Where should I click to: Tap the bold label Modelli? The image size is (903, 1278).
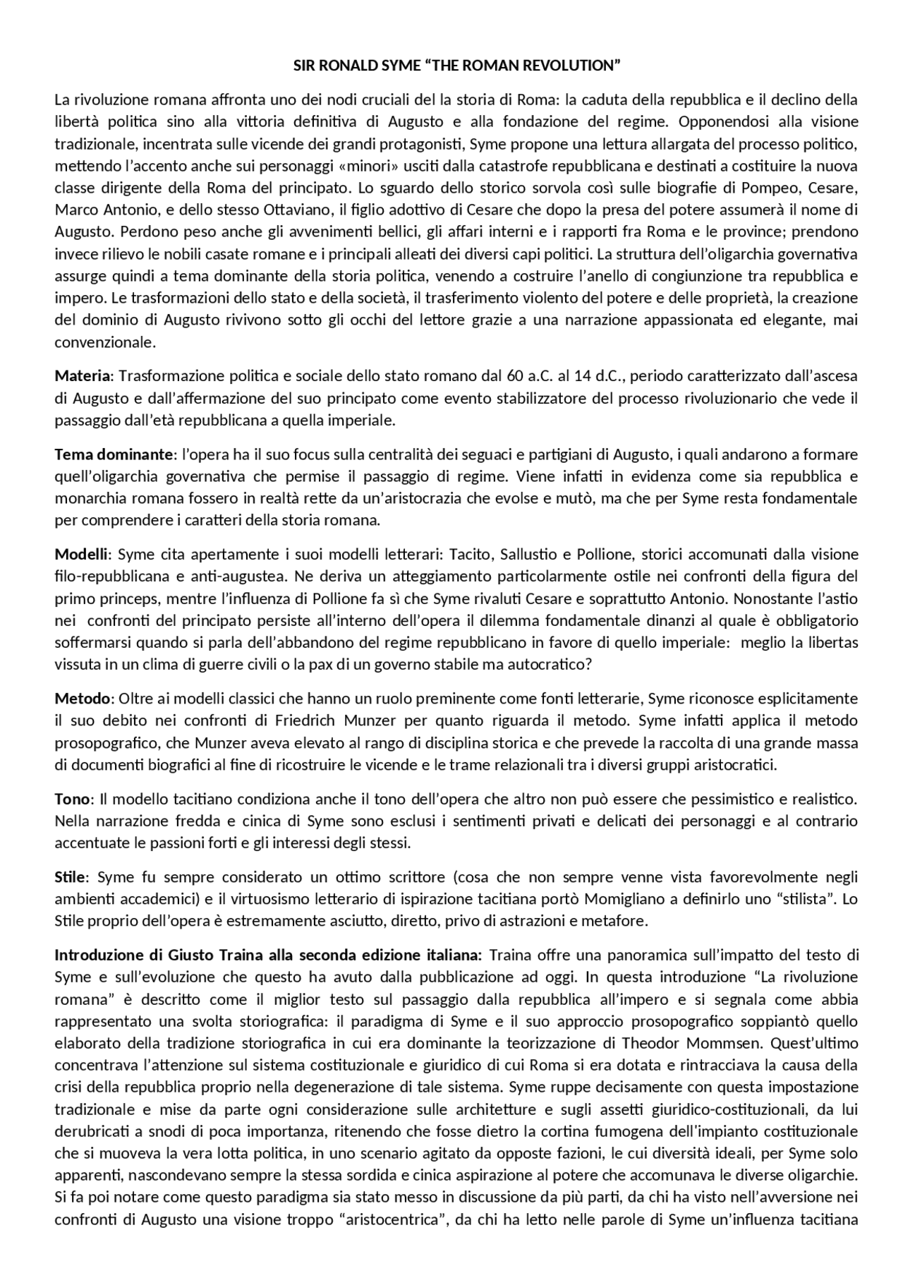82,554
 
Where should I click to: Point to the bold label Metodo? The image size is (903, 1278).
83,699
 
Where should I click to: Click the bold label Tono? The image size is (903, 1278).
72,799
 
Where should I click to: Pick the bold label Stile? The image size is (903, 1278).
71,877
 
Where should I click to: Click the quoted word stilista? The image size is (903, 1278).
801,899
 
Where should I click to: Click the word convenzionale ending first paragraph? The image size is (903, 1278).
104,342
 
